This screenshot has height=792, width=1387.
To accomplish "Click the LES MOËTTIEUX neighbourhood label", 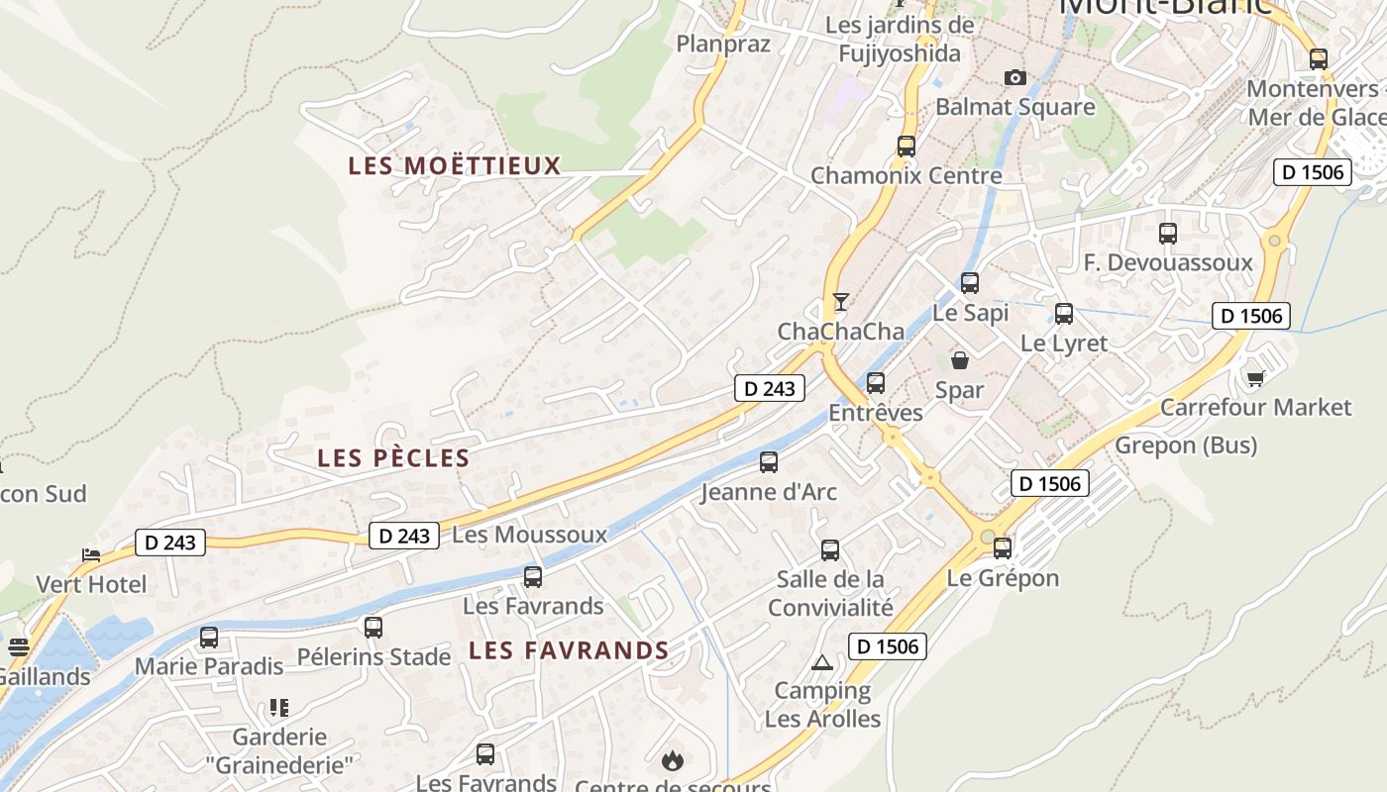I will point(454,165).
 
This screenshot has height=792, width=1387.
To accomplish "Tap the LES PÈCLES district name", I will point(393,457).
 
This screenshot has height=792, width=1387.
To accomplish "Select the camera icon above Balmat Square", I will point(1014,77).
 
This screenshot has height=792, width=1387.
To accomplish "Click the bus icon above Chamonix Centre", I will point(906,147).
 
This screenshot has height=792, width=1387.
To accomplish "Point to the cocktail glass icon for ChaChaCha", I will point(841,302).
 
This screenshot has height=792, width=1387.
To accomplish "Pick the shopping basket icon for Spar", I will point(959,360).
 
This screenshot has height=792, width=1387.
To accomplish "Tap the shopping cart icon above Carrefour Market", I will point(1255,377).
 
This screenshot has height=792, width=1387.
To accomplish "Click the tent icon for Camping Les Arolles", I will point(821,662).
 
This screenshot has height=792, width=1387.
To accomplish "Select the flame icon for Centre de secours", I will point(673,760).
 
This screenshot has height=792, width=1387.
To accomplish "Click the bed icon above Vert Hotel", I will point(91,554).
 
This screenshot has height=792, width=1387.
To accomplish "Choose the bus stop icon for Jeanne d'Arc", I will point(768,461).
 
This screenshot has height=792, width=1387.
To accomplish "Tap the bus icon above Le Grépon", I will point(1003,547).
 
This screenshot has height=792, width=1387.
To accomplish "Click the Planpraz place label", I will point(722,44).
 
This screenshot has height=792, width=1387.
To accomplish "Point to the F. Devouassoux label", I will point(1168,262).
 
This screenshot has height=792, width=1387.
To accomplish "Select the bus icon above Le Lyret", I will point(1064,314).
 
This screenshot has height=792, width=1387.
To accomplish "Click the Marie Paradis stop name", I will point(208,665).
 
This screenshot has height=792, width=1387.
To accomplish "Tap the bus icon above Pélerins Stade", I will point(373,627).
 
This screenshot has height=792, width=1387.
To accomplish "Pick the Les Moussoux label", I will point(529,535).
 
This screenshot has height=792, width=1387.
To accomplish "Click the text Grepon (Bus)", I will point(1186,445).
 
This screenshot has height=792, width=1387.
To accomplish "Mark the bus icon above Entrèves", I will point(875,383).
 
